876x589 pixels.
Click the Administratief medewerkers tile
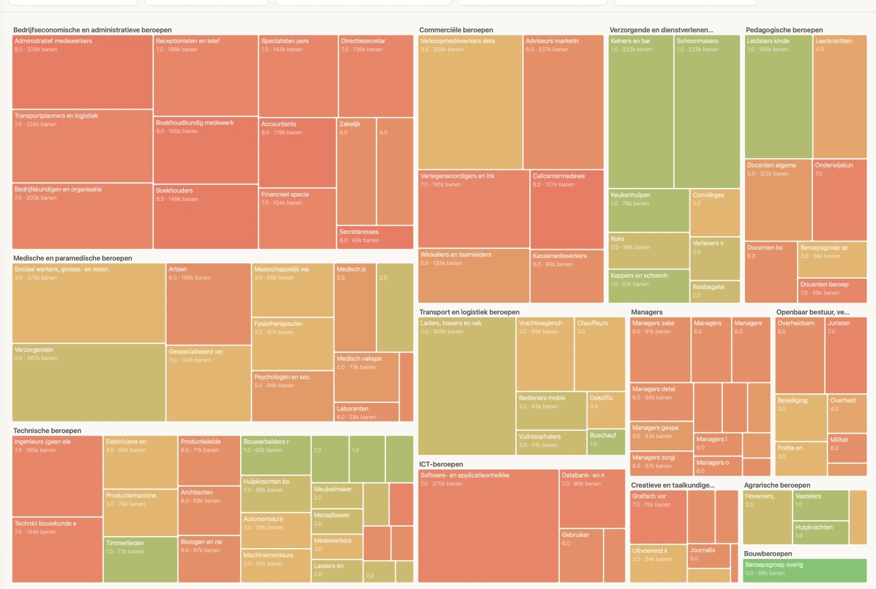pos(82,72)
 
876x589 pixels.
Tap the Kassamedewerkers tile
pos(567,276)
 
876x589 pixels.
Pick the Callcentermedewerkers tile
pos(567,209)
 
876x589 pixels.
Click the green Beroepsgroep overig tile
pos(805,570)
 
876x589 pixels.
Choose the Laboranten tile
pos(366,412)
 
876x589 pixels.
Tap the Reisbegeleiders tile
pos(715,292)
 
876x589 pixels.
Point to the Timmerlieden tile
pos(140,560)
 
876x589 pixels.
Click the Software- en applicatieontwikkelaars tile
pos(488,526)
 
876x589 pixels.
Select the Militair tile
pos(847,448)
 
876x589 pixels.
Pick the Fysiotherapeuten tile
pos(293,344)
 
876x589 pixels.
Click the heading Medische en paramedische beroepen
pos(73,258)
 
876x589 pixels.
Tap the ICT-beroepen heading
pos(441,464)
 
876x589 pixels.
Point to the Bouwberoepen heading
pos(767,554)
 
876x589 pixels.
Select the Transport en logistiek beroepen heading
pos(469,312)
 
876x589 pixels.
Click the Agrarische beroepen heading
pos(777,485)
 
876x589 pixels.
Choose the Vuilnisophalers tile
pos(551,442)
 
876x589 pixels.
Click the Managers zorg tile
pos(661,464)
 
